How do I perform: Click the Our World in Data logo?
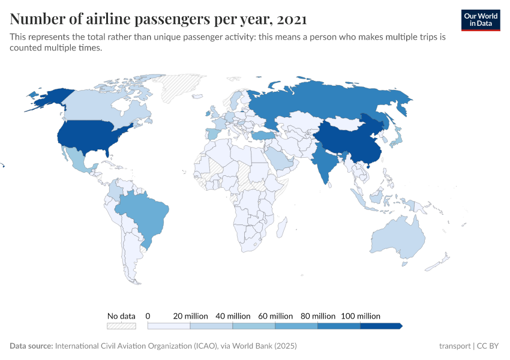point(481,20)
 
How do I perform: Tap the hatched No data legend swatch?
point(121,326)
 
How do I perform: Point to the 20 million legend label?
point(191,316)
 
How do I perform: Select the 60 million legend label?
point(275,316)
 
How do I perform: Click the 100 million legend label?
point(361,316)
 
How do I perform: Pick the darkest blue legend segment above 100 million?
point(380,326)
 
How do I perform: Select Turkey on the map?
point(262,135)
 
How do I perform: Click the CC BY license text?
point(488,346)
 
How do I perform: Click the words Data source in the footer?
point(31,346)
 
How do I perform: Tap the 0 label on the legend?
point(148,316)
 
